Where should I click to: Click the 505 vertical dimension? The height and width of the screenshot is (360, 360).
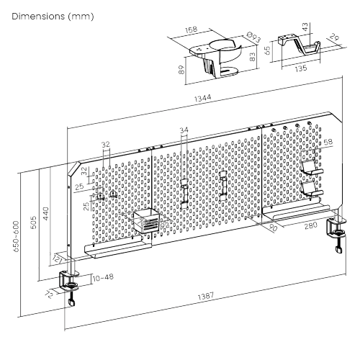(34, 222)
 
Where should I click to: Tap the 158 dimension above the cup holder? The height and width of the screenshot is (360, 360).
(192, 31)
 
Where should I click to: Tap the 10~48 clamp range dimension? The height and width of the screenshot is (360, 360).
(102, 276)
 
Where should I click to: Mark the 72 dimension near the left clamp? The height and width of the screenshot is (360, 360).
(49, 293)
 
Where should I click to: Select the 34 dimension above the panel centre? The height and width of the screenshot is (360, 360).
(184, 130)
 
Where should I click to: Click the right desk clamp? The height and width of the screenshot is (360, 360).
(338, 233)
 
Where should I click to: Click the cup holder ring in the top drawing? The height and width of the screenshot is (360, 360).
(225, 53)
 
